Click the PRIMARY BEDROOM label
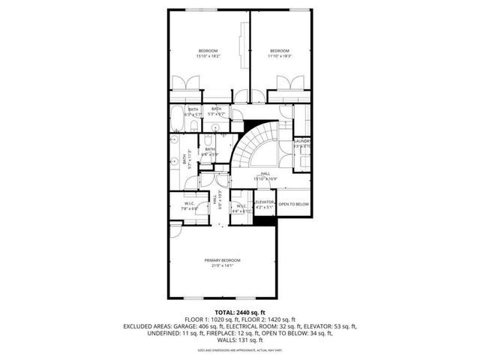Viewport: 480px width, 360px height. [x=220, y=262]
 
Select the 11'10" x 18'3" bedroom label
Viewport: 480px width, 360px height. [x=279, y=53]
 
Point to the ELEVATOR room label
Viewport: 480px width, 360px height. [x=264, y=204]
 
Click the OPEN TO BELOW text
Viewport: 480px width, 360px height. [x=293, y=204]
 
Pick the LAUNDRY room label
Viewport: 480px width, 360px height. [x=301, y=143]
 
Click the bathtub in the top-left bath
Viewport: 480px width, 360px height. [x=175, y=119]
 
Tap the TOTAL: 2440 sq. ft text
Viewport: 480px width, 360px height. [x=240, y=312]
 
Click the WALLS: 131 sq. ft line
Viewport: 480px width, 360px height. [x=240, y=340]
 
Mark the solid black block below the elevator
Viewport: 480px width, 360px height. [x=265, y=220]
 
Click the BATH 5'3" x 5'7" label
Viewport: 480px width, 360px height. [x=216, y=112]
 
